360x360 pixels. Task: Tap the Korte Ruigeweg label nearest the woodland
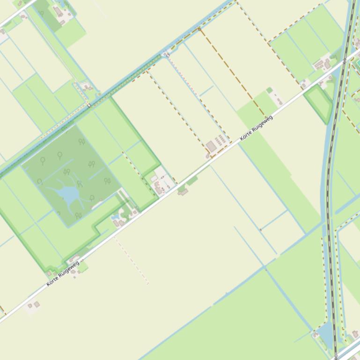[63, 271]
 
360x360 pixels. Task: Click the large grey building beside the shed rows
[212, 147]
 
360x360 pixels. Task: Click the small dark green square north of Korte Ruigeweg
[269, 90]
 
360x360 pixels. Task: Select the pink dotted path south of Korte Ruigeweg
[132, 259]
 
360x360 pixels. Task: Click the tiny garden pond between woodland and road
[115, 216]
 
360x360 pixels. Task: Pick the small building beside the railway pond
[315, 335]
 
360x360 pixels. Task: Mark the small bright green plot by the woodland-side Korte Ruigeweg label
[83, 268]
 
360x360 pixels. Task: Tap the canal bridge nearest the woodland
[89, 106]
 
